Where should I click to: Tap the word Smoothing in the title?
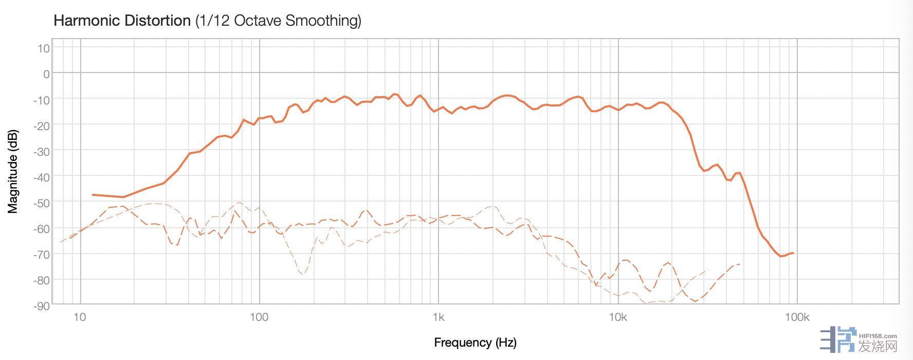(323, 21)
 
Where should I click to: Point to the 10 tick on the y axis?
(44, 49)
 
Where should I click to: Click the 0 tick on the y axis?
(46, 75)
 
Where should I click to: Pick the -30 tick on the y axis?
(42, 152)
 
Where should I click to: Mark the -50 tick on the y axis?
(42, 203)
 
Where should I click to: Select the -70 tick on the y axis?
(42, 255)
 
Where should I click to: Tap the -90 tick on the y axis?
(42, 306)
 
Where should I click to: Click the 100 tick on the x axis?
(259, 317)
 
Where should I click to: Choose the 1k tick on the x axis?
(438, 317)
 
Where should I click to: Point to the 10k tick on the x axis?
(617, 317)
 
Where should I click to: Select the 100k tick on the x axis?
(797, 317)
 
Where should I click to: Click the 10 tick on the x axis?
(80, 317)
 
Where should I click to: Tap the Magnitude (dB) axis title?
(13, 171)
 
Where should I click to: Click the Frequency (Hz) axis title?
(475, 343)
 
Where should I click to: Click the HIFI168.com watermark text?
(878, 336)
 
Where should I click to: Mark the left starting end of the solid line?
(93, 195)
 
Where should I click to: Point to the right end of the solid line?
(793, 253)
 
